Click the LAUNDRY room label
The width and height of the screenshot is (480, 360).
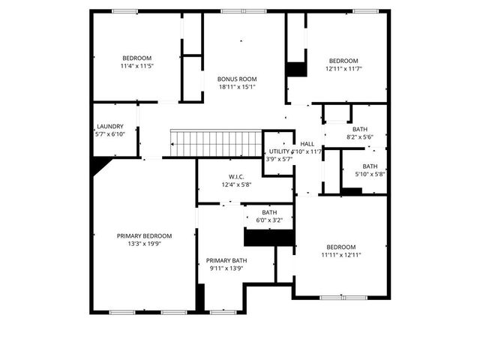click(x=110, y=127)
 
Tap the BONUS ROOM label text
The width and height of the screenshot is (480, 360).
click(x=237, y=79)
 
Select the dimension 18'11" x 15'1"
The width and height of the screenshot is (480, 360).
click(x=237, y=87)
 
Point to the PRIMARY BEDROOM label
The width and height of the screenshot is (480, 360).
click(x=144, y=235)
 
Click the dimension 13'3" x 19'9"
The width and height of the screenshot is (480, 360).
click(x=144, y=244)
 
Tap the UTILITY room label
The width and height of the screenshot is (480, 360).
click(x=279, y=151)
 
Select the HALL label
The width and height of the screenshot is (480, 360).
click(x=307, y=144)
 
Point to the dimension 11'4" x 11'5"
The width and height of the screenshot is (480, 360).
click(x=136, y=66)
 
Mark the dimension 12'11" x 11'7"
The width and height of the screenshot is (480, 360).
click(x=342, y=69)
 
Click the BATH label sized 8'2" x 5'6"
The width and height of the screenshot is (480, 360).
click(x=360, y=129)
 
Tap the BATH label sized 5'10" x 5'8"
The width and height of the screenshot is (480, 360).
click(x=370, y=166)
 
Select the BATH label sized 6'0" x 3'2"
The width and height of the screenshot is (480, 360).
click(x=268, y=212)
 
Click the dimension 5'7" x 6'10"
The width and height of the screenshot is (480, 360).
click(x=110, y=134)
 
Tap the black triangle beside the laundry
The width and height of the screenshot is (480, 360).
click(x=98, y=165)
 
